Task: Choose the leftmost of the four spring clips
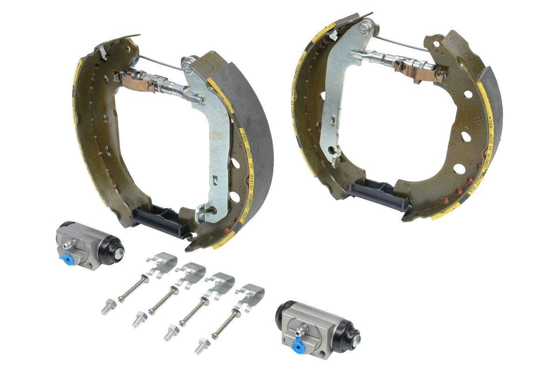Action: click(162, 263)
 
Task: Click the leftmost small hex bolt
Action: click(108, 307)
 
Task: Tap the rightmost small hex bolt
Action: click(202, 345)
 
